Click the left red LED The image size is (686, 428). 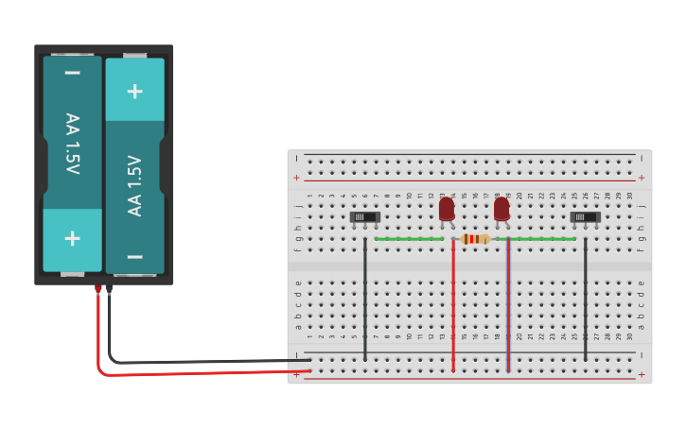447,209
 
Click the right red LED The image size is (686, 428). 501,209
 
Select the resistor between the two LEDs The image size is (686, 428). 475,239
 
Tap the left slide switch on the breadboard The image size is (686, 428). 365,217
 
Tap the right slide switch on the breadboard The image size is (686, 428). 586,217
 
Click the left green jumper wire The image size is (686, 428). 409,239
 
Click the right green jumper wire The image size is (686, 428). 542,239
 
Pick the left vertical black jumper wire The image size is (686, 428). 365,302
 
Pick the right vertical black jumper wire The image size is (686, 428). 586,302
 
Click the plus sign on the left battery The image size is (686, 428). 72,238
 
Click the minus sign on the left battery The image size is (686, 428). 72,73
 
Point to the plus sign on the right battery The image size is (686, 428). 134,91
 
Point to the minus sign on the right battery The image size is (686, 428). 134,256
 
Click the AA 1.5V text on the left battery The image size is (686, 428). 72,144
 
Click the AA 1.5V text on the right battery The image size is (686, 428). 134,185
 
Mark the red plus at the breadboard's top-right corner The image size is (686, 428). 642,178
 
